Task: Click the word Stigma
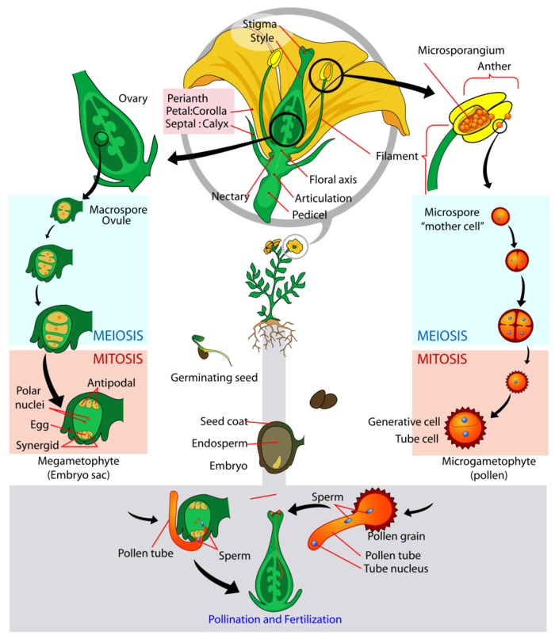coord(259,24)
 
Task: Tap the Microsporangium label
coord(461,51)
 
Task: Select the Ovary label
coord(133,99)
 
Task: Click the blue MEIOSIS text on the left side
coord(118,336)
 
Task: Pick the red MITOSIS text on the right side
coord(442,359)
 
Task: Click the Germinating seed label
coord(214,378)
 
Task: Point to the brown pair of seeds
coord(323,399)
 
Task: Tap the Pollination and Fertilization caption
coord(275,619)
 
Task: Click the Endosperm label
coord(220,443)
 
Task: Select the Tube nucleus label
coord(396,569)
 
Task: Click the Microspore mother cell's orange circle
coord(500,216)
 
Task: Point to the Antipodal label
coord(112,383)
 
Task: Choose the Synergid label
coord(37,445)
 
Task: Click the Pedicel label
coord(309,215)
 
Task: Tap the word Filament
coord(397,156)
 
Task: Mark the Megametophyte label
coord(78,461)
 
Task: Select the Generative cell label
coord(404,422)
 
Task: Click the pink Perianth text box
coord(199,111)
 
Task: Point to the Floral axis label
coord(333,180)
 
